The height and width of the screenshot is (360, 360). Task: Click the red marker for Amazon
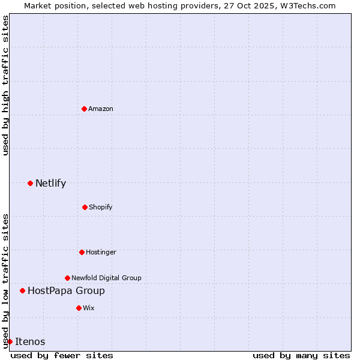(84, 109)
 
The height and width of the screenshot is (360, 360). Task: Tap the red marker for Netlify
(30, 183)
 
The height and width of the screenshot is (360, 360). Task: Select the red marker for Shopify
(85, 207)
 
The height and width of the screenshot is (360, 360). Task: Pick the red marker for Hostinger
(82, 252)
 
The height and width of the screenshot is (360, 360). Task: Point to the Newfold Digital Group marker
(67, 278)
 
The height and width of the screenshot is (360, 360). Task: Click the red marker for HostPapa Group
(22, 290)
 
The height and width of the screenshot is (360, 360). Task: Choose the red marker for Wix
(79, 308)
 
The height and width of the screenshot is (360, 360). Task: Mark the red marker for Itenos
(10, 341)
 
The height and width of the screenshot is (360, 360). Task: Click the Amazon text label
(101, 109)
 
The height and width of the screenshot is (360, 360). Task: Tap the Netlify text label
(50, 183)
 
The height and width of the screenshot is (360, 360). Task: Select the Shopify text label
(101, 207)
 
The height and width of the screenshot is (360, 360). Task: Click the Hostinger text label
(101, 252)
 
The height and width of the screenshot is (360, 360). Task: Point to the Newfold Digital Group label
(106, 278)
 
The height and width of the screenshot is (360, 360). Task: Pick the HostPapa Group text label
(66, 290)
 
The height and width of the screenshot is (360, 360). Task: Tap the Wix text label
(89, 308)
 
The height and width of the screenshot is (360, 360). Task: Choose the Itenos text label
(30, 341)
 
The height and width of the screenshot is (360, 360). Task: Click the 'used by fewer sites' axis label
(62, 355)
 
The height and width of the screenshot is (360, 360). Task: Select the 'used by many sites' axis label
(301, 355)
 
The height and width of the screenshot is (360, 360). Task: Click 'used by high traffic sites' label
(5, 85)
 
